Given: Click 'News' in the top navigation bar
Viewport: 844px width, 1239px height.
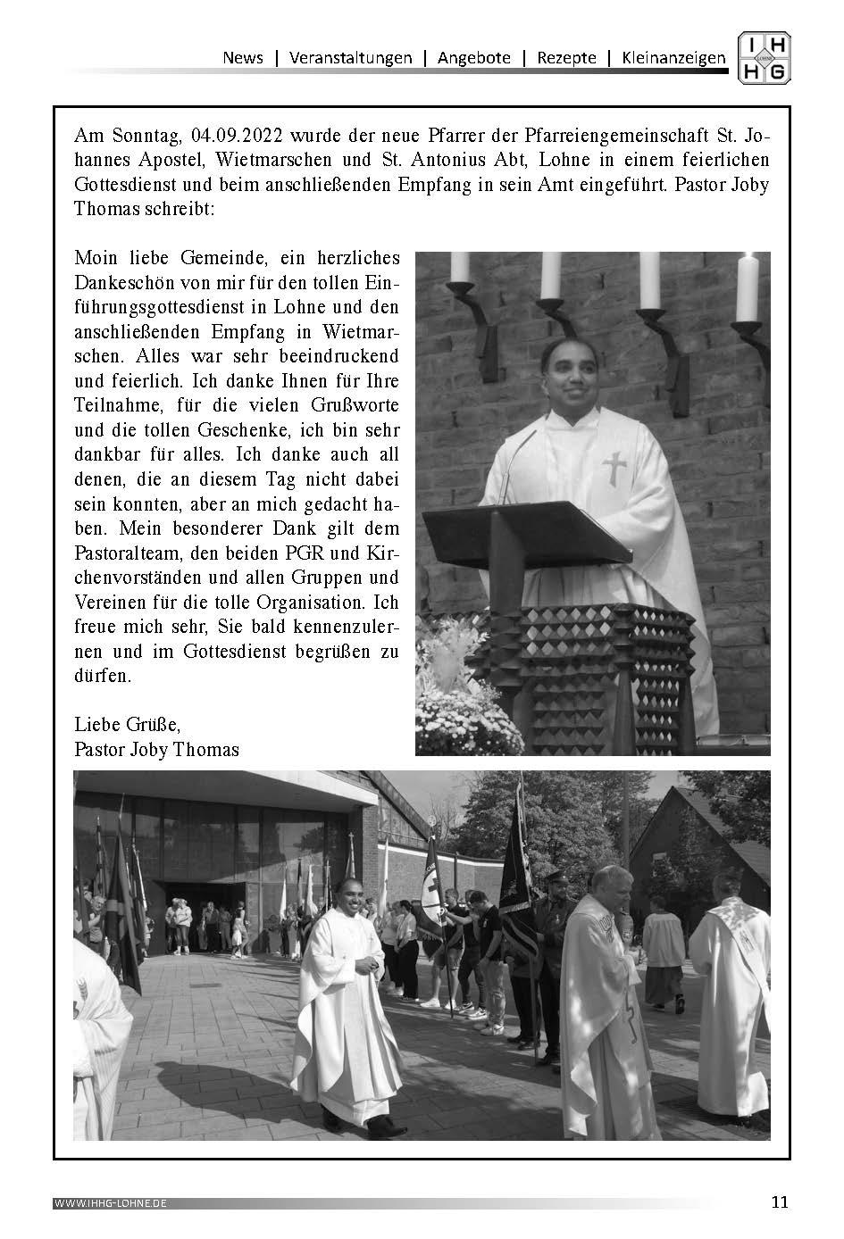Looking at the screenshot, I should tap(243, 58).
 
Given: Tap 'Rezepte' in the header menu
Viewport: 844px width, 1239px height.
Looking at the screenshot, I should tap(566, 58).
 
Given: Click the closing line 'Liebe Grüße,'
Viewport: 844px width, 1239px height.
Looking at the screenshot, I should tap(127, 724).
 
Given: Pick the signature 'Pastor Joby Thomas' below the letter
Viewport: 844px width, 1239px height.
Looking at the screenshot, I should tap(157, 749).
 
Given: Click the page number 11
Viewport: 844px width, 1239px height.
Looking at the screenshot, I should tap(780, 1202).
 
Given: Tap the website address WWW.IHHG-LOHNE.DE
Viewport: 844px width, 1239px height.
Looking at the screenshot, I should tap(111, 1203).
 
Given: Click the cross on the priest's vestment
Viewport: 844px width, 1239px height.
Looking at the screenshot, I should tap(614, 468).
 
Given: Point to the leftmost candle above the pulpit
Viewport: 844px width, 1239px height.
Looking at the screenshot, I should tap(461, 267).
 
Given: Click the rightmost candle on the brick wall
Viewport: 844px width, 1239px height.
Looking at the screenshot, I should tap(747, 286).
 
